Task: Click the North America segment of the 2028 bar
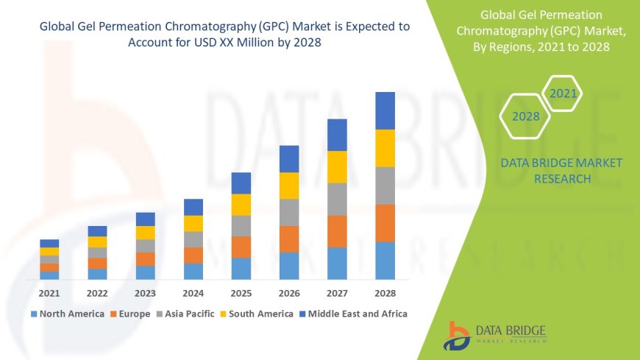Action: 385,261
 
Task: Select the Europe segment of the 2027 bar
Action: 337,231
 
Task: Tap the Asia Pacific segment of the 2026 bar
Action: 289,212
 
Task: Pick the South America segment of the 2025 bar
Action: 241,205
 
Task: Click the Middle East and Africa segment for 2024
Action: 193,207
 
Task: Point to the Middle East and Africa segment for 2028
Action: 385,110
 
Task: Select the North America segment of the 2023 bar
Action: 146,272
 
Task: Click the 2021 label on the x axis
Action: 49,292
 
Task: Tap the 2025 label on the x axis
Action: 241,292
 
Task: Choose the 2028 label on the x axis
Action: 385,292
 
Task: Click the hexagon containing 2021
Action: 563,93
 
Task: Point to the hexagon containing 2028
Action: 525,116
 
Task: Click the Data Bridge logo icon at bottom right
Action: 458,335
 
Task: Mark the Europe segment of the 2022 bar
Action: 97,263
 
